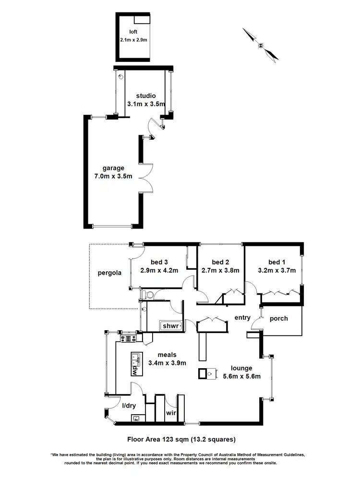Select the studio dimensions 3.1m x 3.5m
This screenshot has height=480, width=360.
tap(145, 103)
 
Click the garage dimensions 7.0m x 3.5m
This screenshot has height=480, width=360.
tap(113, 176)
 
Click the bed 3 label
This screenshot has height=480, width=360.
tap(159, 262)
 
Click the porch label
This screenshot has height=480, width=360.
tap(279, 318)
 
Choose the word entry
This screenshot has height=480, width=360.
tap(242, 317)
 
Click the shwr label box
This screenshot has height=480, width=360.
tap(171, 326)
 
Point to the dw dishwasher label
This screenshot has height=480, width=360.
tap(135, 371)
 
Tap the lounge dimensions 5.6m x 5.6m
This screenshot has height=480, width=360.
tap(241, 376)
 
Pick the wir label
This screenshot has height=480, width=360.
tap(171, 412)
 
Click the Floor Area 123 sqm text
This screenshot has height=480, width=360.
tap(180, 438)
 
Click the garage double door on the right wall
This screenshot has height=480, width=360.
tap(148, 176)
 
